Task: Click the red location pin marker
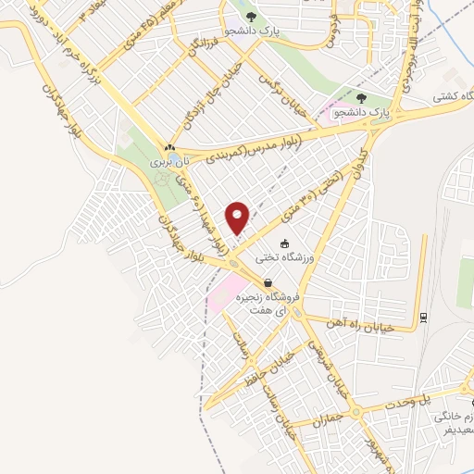pos(239,217)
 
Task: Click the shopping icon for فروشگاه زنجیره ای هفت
pos(268,283)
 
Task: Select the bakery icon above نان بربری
pos(168,147)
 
